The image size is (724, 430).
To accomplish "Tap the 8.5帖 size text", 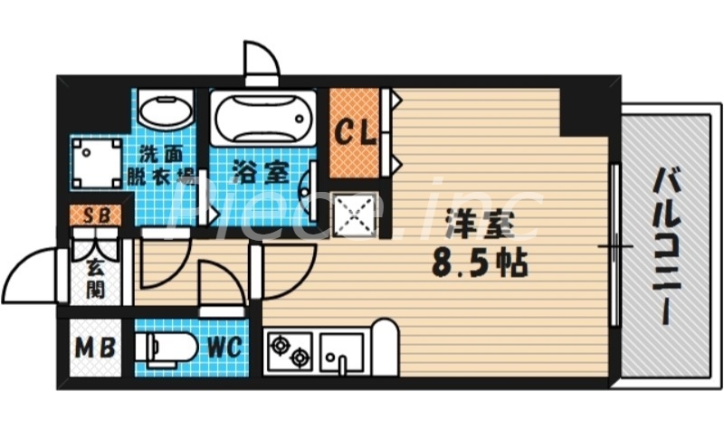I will tap(480, 265).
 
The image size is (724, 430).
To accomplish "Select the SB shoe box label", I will tap(93, 216).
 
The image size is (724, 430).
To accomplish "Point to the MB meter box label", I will tap(94, 347).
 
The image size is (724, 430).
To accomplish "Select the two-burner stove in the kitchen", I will tap(290, 349).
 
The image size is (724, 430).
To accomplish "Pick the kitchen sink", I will tap(342, 349).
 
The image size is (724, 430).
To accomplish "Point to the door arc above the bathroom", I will tap(262, 62).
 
